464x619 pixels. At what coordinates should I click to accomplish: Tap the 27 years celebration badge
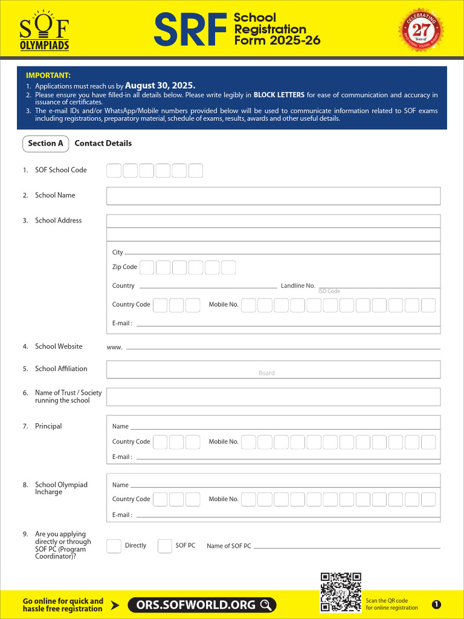[x=420, y=29]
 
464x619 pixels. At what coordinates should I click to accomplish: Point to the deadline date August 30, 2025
[x=160, y=86]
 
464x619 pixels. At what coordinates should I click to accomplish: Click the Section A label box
[x=45, y=143]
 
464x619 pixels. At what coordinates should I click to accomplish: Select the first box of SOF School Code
[x=114, y=170]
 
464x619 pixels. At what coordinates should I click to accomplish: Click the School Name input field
[x=273, y=196]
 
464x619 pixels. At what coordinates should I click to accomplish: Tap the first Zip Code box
[x=147, y=267]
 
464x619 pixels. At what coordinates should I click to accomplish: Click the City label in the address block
[x=117, y=252]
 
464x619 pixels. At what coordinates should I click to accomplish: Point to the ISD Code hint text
[x=329, y=291]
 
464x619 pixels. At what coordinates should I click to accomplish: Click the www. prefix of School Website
[x=115, y=347]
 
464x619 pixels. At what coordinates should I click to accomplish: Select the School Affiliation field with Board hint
[x=273, y=369]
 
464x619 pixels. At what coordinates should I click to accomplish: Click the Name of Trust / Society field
[x=273, y=397]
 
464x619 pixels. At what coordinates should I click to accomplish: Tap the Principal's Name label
[x=120, y=427]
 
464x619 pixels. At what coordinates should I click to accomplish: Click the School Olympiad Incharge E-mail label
[x=122, y=515]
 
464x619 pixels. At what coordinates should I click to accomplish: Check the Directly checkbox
[x=114, y=546]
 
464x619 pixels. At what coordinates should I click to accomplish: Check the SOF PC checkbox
[x=165, y=546]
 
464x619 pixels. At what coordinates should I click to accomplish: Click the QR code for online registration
[x=341, y=592]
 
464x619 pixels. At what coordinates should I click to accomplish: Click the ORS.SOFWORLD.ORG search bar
[x=202, y=604]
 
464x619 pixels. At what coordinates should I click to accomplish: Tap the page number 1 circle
[x=437, y=604]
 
